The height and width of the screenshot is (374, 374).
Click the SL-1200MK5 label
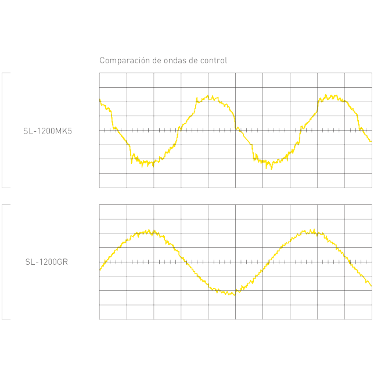pyautogui.click(x=48, y=131)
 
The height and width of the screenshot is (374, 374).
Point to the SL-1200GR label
pyautogui.click(x=46, y=262)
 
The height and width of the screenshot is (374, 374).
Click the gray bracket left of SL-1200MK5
pyautogui.click(x=3, y=130)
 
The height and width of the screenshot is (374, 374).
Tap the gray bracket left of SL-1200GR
pyautogui.click(x=3, y=262)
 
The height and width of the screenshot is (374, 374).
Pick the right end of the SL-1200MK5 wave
pyautogui.click(x=371, y=141)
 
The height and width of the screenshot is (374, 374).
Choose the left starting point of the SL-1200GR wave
pyautogui.click(x=100, y=269)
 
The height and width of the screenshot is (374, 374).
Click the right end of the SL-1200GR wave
pyautogui.click(x=371, y=285)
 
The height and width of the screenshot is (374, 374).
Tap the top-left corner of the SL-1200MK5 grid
pyautogui.click(x=99, y=73)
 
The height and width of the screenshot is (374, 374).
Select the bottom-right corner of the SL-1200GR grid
pyautogui.click(x=372, y=319)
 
